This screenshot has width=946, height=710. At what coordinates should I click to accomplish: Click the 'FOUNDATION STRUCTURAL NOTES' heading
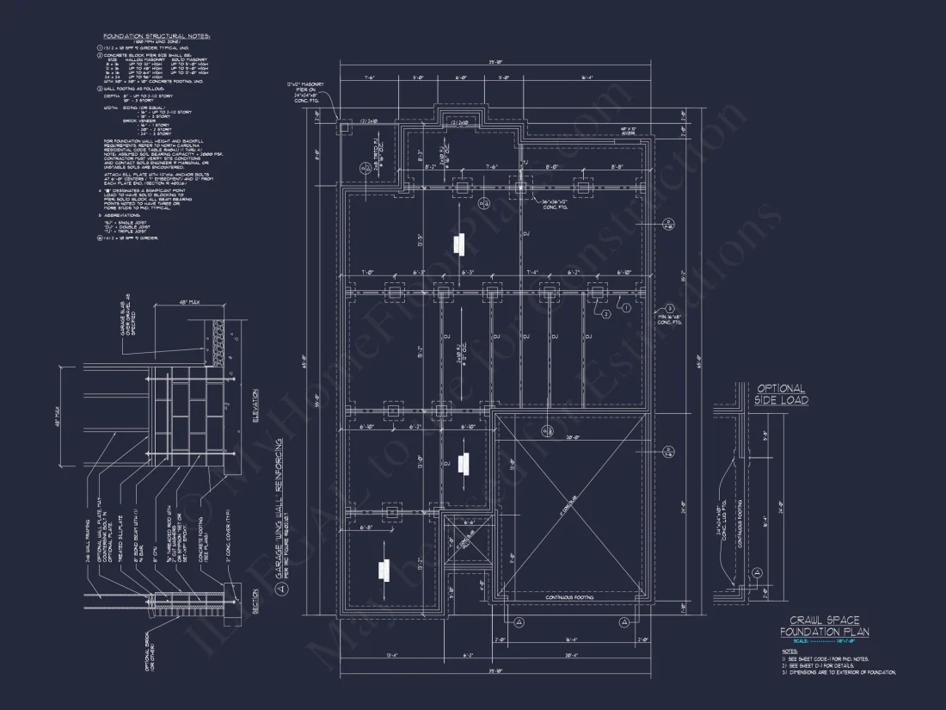click(x=157, y=36)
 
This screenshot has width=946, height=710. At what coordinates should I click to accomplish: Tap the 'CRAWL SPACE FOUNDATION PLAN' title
click(x=824, y=627)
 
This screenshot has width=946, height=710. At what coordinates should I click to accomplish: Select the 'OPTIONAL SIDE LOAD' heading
click(x=780, y=394)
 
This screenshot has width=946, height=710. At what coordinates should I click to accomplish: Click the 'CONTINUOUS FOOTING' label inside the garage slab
click(x=570, y=596)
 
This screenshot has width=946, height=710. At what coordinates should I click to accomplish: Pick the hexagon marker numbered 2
click(x=605, y=315)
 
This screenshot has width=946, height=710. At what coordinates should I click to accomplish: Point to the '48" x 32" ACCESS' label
click(x=633, y=131)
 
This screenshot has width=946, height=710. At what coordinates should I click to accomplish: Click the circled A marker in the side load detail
click(x=757, y=571)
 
